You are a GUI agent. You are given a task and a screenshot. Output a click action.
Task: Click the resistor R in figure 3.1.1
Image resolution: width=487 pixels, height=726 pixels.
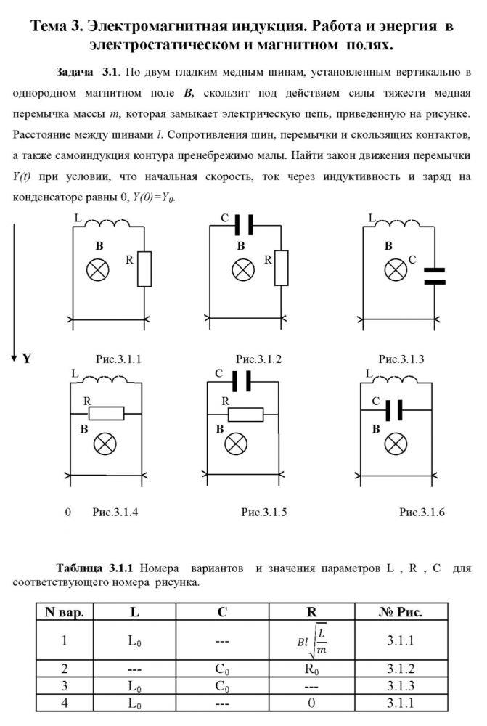(144, 269)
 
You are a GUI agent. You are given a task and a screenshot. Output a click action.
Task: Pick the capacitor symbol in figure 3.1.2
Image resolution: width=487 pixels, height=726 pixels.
(244, 227)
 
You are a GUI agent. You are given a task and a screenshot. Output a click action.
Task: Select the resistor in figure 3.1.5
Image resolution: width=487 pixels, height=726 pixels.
(245, 414)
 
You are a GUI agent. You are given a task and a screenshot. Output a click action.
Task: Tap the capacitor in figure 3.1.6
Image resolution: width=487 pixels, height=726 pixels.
(393, 412)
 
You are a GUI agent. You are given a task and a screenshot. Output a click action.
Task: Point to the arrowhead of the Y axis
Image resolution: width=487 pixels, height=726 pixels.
(13, 357)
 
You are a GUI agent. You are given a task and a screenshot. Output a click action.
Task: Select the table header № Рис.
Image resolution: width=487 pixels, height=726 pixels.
(401, 612)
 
